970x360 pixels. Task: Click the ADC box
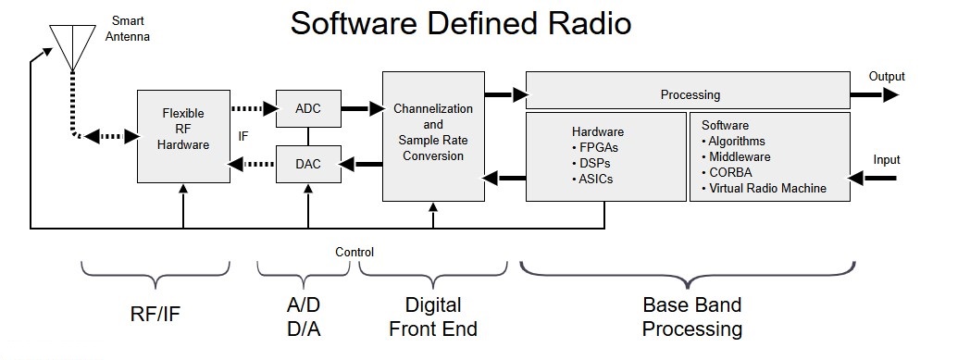coord(308,109)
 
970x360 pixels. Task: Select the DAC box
coord(308,164)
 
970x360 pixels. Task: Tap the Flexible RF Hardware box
coord(183,136)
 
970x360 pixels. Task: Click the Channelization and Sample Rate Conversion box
coord(433,136)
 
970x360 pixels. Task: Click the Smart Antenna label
coord(128,29)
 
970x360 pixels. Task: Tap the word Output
coord(887,77)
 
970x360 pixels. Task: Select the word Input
coord(887,159)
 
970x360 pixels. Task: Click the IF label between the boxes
coord(243,136)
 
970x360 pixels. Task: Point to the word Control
coord(354,253)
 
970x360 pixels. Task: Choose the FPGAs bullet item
coord(594,148)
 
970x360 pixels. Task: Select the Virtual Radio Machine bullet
coord(764,188)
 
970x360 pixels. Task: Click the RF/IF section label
coord(155,315)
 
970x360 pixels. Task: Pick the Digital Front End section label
coord(433,317)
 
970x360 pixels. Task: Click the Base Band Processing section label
coord(691,317)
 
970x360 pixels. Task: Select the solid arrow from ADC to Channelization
coord(363,109)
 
